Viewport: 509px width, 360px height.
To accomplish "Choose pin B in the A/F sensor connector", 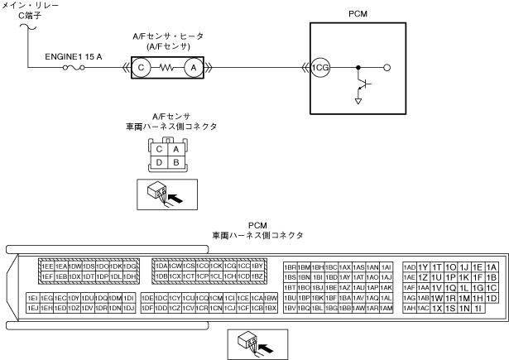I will tap(175, 162).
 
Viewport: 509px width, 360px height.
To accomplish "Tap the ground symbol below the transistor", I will tap(358, 101).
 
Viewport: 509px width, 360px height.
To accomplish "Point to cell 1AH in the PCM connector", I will tap(409, 308).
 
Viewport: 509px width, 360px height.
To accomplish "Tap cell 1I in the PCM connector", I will tap(478, 308).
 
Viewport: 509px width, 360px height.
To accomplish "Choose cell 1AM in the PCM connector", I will tap(386, 308).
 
